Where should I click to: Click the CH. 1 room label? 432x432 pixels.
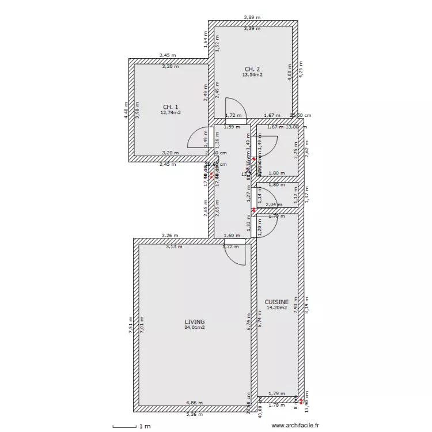pos(170,107)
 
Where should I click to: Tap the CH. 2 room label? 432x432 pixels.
pos(251,69)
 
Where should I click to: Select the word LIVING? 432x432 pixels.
pos(195,321)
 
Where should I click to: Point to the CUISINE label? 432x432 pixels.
pos(276,301)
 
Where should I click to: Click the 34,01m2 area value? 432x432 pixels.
pos(195,327)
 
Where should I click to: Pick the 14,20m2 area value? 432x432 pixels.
pos(276,308)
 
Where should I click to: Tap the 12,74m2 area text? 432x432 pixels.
pos(170,113)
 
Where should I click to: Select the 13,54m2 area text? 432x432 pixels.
pos(252,75)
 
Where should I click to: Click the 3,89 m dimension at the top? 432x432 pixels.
pos(252,18)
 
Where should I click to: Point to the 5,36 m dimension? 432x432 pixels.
pos(194,414)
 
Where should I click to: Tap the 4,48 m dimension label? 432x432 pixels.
pos(126,110)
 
